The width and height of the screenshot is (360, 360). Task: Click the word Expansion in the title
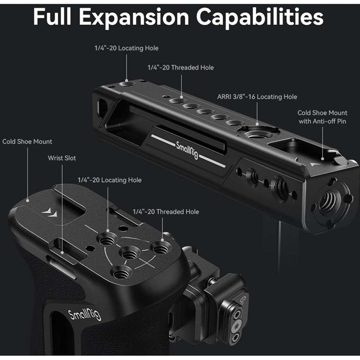pos(134,17)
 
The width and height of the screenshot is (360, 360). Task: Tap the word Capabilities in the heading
pos(260,17)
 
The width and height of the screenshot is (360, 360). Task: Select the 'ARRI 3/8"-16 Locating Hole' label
pos(257,97)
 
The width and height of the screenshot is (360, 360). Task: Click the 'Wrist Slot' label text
pos(62,158)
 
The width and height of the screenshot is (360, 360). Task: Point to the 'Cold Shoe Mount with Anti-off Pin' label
pos(322,117)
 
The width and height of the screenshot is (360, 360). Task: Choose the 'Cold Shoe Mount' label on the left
pos(27,141)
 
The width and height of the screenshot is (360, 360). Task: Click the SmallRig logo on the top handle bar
pos(187,150)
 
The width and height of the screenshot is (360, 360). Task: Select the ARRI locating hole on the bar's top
pos(257,132)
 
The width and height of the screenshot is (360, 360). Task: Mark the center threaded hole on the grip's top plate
pos(130,253)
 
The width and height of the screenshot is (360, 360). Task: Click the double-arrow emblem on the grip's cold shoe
pos(50,212)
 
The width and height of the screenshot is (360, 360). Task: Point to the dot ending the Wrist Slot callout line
pos(62,253)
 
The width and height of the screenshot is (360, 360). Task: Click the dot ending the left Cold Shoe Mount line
pos(28,201)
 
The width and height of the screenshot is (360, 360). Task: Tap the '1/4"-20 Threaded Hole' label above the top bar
pos(181,67)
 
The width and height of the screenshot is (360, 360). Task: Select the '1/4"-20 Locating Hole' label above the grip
pos(110,180)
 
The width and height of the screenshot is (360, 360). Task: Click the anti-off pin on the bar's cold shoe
pos(340,160)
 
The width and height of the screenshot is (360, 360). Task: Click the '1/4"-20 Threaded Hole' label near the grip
pos(166,212)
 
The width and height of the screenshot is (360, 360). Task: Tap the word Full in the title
pos(52,16)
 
